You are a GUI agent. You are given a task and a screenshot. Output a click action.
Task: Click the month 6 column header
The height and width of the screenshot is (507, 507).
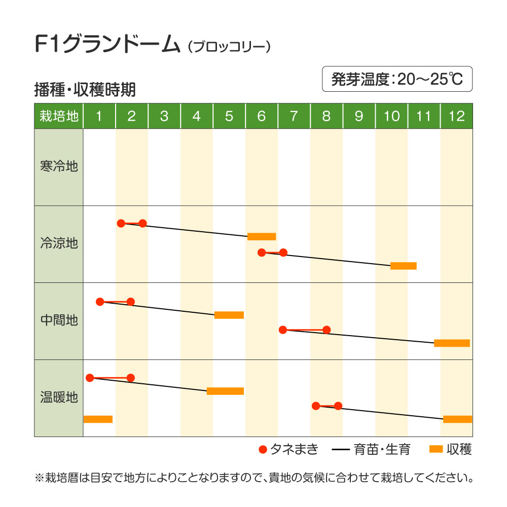tap(262, 116)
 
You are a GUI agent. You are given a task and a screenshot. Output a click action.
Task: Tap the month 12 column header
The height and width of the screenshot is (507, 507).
tap(456, 116)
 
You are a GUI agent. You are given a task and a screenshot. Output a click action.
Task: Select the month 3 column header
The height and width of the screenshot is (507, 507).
tap(164, 116)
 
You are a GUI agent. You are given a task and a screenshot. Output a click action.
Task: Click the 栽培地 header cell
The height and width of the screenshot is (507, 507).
tap(59, 116)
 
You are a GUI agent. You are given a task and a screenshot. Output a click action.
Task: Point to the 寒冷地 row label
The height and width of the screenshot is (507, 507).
tap(59, 166)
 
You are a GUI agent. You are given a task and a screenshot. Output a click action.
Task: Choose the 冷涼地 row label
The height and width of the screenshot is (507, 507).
tap(59, 243)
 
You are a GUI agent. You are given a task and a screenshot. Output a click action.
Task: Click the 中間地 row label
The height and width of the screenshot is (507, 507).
tap(59, 320)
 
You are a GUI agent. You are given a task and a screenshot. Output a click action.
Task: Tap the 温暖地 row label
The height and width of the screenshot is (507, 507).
tap(59, 397)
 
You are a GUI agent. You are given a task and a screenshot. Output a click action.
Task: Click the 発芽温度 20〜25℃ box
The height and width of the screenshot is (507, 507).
tap(397, 79)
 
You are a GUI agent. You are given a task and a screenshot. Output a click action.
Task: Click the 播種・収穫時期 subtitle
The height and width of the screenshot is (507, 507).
tap(85, 90)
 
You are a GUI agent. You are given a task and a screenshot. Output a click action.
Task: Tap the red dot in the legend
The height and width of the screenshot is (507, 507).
tap(263, 449)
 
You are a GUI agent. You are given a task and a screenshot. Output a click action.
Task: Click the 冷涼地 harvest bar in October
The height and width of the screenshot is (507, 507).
tap(403, 266)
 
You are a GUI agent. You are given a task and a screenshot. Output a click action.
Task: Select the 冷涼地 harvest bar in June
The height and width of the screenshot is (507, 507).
tap(262, 236)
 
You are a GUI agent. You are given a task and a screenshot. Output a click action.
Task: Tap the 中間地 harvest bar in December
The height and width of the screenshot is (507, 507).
tap(452, 343)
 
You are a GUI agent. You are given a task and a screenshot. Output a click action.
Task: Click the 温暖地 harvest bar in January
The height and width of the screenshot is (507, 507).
tap(98, 419)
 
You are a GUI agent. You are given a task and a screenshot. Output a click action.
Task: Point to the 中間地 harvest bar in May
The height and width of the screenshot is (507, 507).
tap(229, 315)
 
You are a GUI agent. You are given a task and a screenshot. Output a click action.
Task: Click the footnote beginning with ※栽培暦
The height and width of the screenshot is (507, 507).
tap(253, 478)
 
